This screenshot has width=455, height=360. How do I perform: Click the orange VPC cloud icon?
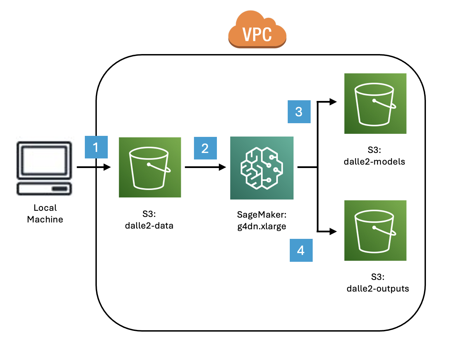pos(257,30)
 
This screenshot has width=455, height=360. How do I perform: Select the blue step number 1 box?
pos(96,147)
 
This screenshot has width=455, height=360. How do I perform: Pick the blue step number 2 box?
pos(205,148)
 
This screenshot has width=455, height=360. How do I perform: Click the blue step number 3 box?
pos(299,112)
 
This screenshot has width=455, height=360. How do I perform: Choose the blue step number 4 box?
pos(301,250)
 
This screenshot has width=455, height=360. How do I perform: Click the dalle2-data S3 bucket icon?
pos(150,167)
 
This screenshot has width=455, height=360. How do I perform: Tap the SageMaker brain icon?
pos(262,168)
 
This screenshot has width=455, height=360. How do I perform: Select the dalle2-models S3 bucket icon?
pos(375,103)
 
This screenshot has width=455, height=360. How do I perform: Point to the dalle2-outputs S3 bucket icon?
pos(375,231)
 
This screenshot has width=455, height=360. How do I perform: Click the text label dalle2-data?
pos(149,226)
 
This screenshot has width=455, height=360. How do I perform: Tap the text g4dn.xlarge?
pos(262,227)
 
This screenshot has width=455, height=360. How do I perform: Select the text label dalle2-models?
pos(374,162)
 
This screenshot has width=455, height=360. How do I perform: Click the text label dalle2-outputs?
pos(378,289)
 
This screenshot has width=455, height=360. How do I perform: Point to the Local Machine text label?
pos(45,214)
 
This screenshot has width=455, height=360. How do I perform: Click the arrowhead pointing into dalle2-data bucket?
pos(107,167)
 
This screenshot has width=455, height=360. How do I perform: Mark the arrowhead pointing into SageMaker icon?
pos(222,167)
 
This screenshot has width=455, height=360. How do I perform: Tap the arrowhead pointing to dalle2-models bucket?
pos(333,102)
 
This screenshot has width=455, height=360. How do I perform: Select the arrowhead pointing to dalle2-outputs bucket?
pos(333,232)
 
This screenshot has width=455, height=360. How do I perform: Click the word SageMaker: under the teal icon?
pos(262,215)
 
